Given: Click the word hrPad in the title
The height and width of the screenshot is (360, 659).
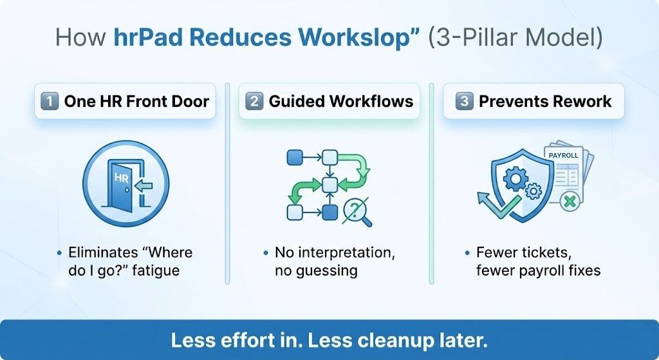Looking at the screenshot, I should point(149,37).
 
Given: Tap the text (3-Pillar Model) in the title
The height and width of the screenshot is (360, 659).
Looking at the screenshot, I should point(515,37).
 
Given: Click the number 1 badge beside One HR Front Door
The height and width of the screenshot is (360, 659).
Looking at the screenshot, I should point(49,101).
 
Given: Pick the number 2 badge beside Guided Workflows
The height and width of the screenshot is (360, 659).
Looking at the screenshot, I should point(254,101).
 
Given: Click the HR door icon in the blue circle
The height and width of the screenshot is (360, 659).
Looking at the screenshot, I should point(126,184).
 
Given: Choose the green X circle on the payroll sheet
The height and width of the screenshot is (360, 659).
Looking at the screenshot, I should point(568,201).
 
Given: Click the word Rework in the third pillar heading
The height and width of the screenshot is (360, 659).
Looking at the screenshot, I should point(583,101).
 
